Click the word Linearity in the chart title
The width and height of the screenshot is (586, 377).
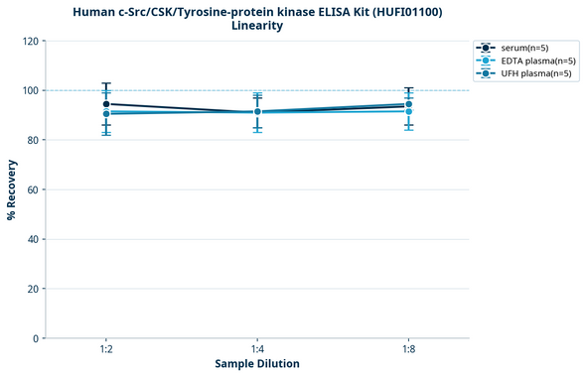tap(257, 26)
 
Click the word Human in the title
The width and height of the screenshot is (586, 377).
tap(95, 12)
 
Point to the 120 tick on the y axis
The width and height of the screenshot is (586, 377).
tap(30, 41)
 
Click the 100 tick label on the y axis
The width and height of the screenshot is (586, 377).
tap(30, 90)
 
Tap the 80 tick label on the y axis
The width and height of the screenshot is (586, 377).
tap(33, 140)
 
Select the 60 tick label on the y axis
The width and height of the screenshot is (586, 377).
tap(33, 189)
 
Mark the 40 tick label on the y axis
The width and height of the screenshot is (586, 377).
tap(33, 239)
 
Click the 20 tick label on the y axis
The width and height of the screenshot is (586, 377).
tap(33, 289)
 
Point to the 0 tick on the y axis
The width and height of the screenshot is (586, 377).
tap(36, 338)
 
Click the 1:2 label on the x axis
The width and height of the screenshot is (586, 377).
tap(106, 350)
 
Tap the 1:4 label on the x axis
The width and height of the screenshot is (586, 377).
tap(257, 350)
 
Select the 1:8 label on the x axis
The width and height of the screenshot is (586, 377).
tap(408, 350)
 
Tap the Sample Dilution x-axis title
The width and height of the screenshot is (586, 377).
tap(257, 364)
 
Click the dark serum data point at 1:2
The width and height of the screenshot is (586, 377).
tap(106, 104)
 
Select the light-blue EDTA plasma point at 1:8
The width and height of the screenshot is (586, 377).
tap(408, 111)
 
